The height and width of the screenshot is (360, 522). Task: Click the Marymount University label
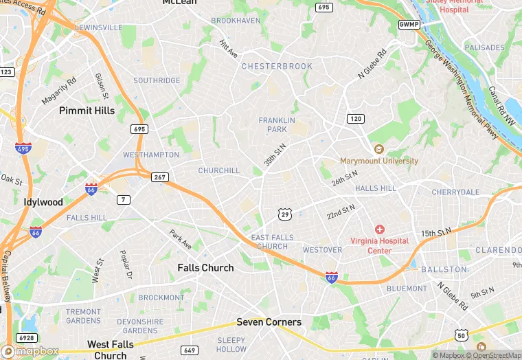tap(379, 161)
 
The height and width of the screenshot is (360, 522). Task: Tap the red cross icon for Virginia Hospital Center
tap(379, 229)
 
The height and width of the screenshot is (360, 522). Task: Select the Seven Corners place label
tap(269, 322)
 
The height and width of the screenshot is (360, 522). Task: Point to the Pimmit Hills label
tap(87, 110)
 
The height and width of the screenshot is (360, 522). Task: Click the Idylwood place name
tap(43, 202)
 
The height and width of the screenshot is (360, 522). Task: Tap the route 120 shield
tap(354, 119)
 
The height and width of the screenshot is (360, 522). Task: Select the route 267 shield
tap(160, 177)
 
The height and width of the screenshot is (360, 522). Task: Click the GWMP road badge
tap(409, 25)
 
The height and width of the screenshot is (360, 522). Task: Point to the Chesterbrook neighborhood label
tap(277, 66)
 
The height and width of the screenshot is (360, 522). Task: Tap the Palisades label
tap(484, 47)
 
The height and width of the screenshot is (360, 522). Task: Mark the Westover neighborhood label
tap(322, 249)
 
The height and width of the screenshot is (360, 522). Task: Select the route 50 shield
tap(461, 335)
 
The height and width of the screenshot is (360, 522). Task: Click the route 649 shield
tap(189, 350)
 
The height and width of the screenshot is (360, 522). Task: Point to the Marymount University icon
tap(378, 149)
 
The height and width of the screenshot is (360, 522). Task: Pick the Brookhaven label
tap(236, 21)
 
